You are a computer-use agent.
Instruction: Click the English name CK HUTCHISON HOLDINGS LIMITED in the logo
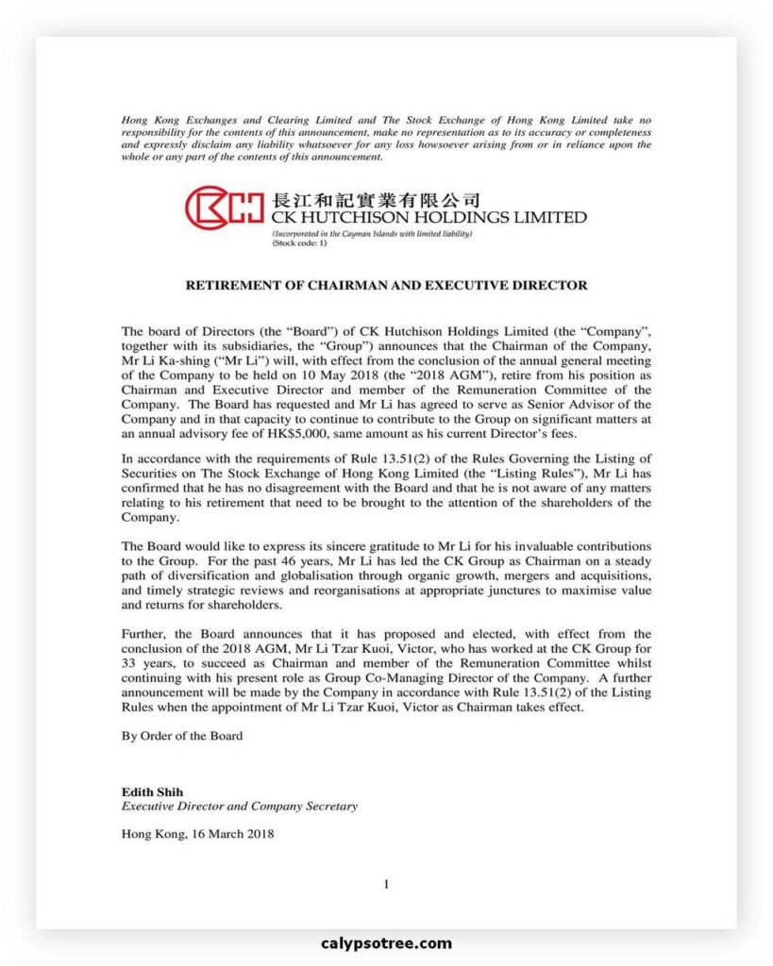(x=428, y=217)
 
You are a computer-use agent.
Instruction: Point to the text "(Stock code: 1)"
(x=299, y=242)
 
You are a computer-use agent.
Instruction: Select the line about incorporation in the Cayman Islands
(x=371, y=233)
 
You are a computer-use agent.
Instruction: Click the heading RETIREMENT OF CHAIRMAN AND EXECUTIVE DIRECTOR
(x=386, y=285)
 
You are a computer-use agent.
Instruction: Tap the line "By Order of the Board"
(x=182, y=736)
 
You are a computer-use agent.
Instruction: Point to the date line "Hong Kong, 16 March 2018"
(x=198, y=834)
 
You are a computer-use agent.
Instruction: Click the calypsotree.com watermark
(x=386, y=943)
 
